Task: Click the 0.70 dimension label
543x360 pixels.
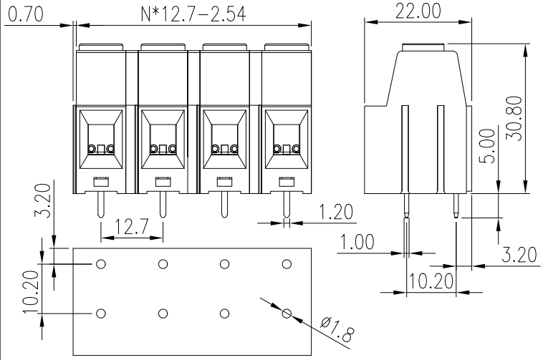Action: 26,14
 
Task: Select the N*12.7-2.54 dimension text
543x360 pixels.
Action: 193,14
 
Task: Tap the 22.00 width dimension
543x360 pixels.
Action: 418,11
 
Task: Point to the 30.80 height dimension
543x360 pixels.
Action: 514,118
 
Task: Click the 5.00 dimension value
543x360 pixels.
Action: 487,146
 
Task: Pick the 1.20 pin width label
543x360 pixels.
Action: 335,212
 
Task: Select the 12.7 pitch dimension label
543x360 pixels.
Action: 131,226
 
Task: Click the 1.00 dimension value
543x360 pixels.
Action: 357,242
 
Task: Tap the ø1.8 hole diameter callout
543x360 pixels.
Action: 337,329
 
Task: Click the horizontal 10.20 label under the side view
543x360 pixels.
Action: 431,281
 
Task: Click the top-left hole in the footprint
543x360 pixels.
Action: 101,264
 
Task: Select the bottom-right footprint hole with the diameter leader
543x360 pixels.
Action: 287,313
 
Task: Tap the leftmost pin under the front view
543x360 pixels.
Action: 101,205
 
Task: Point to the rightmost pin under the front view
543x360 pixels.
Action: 287,205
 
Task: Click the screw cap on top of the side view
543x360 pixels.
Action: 423,47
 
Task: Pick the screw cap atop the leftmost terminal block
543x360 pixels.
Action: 101,47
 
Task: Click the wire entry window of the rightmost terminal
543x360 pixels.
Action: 287,139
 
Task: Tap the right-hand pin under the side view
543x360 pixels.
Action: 456,205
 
